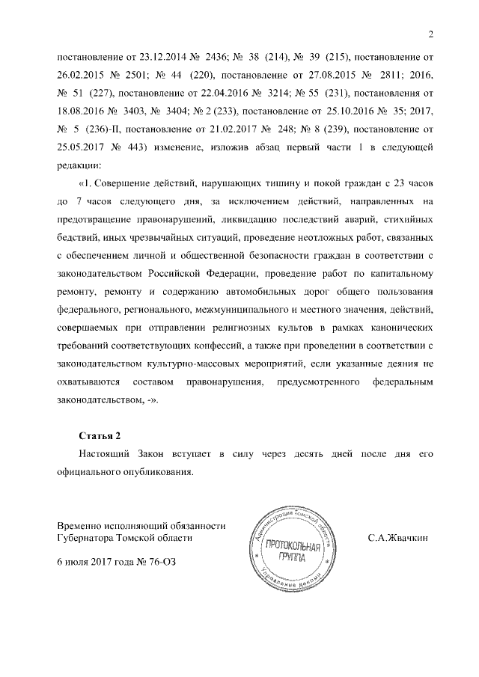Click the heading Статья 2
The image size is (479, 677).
point(100,435)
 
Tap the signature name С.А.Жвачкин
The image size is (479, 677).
point(397,538)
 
